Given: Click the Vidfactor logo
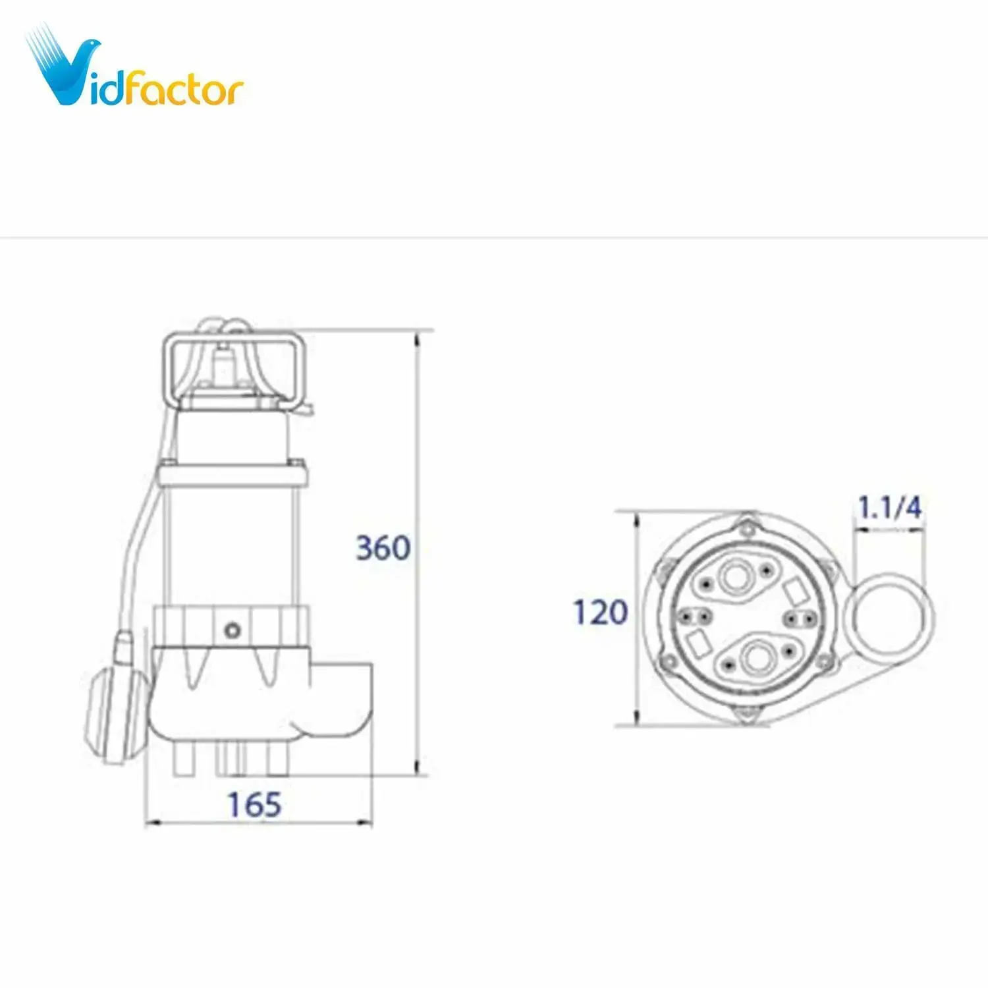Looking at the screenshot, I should (x=135, y=69).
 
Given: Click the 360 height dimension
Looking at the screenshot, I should (x=383, y=547).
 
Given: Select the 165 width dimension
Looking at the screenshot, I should (x=254, y=804).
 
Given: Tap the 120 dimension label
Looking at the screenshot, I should (x=600, y=612).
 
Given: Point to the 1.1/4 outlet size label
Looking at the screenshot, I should (x=889, y=507).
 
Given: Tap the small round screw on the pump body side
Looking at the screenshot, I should (x=232, y=630).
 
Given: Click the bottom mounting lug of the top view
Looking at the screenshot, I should (x=746, y=713).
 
